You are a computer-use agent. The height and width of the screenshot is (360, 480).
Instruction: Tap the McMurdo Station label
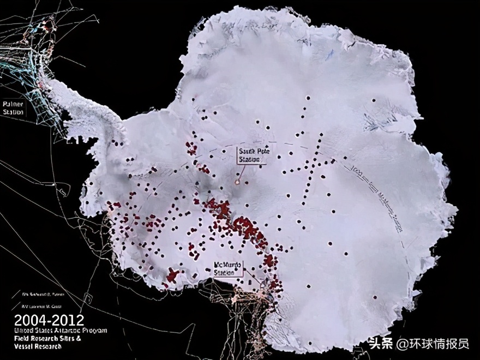coord(227,268)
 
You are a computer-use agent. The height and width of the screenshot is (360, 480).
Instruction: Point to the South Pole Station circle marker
coord(237,182)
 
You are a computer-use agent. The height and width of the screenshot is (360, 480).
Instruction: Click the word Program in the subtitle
coord(93,331)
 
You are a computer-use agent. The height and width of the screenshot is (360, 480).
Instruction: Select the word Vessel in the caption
coord(23,346)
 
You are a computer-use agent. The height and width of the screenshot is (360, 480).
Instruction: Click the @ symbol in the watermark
coord(401,344)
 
